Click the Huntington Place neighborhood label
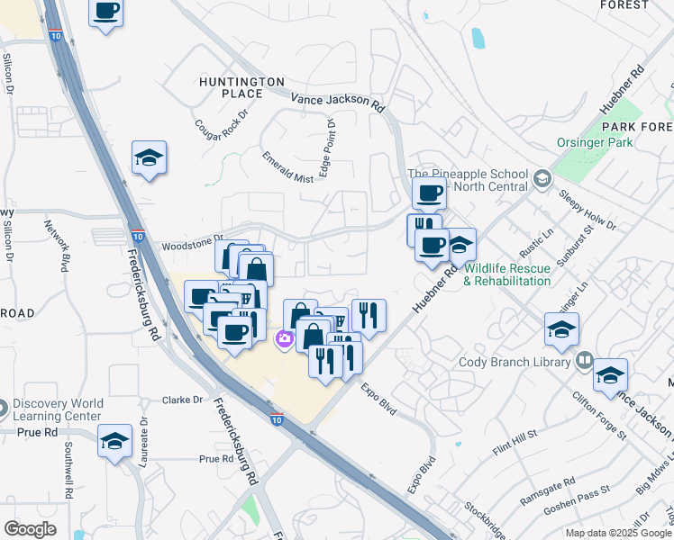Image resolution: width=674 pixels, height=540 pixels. tap(241, 87)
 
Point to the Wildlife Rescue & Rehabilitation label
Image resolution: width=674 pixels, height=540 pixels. tap(506, 274)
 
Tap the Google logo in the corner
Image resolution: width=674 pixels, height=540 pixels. tap(31, 529)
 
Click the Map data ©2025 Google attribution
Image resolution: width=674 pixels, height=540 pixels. tap(619, 533)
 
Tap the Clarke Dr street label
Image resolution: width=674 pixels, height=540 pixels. tap(185, 400)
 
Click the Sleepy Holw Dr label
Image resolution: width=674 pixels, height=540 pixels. tap(586, 210)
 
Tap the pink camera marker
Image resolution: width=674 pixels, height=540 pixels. tap(284, 338)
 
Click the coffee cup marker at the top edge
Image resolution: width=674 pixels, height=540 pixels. tap(106, 12)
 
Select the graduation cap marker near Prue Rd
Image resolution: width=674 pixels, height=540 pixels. tap(114, 441)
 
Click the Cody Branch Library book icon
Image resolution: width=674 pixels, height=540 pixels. tap(585, 361)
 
